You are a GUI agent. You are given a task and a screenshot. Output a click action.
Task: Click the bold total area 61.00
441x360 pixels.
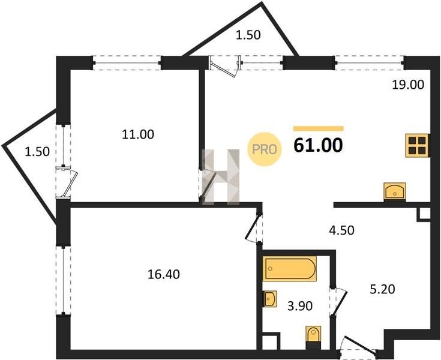coord(318,145)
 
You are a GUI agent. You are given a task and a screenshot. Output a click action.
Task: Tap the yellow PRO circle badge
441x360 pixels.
coord(265,149)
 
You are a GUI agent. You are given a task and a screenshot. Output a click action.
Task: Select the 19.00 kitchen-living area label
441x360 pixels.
coord(408,85)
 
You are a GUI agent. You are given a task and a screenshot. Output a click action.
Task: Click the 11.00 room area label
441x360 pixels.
coord(138,134)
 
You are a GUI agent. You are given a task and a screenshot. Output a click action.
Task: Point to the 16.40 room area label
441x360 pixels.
coord(163,274)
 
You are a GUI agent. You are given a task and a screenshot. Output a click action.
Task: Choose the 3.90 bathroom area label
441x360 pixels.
coord(300,306)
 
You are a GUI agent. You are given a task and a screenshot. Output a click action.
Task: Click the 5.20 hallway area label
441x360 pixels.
coord(382,289)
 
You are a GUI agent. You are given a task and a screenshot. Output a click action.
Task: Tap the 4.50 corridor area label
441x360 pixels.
coord(341,230)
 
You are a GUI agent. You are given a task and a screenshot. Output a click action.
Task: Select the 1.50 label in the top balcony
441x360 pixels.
coord(248,35)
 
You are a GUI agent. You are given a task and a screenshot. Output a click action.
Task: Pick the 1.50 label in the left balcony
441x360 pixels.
coord(37,152)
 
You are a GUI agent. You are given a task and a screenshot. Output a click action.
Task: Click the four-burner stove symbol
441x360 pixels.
coord(417,145)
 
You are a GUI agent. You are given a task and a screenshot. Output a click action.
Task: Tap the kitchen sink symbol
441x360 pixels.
coord(395,192)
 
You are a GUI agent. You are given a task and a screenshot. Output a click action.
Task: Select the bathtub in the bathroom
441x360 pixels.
coord(289,269)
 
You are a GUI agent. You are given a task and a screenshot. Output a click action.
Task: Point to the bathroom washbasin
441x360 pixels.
coord(270,299)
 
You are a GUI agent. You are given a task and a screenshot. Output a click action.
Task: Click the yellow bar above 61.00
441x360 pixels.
coord(318,128)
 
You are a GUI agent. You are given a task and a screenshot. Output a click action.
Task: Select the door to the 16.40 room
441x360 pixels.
coord(254,228)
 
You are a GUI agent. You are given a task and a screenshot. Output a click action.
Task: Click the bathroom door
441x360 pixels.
coord(338,301)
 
